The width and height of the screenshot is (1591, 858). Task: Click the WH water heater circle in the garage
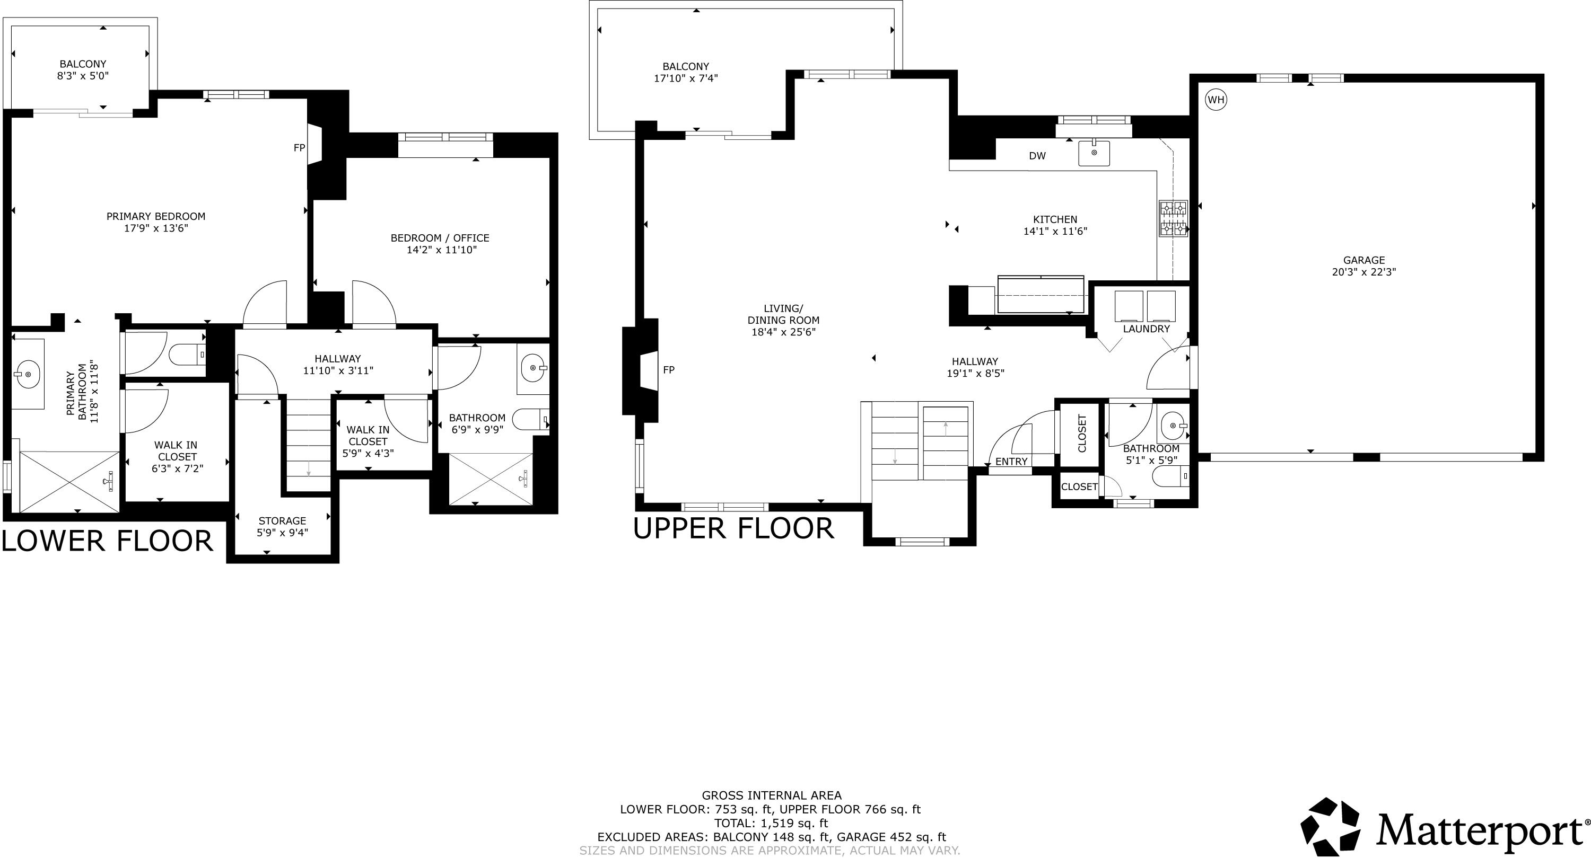[x=1216, y=100]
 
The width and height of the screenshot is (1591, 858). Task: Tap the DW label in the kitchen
[x=1037, y=156]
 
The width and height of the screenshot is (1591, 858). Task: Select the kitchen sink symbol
[x=1094, y=153]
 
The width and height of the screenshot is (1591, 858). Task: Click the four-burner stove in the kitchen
[x=1173, y=218]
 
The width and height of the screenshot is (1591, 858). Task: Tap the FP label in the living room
[x=668, y=370]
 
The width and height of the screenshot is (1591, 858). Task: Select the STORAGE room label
[x=282, y=521]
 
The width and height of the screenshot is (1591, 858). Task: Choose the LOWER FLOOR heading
[x=108, y=541]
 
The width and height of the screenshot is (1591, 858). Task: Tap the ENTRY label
[x=1011, y=462]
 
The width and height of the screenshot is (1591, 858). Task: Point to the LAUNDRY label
[x=1146, y=329]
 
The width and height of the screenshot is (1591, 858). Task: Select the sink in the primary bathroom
[x=28, y=374]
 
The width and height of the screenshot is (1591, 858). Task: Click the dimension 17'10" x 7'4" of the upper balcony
[x=686, y=78]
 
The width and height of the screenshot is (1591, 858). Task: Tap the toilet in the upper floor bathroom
[x=1169, y=476]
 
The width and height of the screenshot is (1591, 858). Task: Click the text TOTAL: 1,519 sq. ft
[x=771, y=823]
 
